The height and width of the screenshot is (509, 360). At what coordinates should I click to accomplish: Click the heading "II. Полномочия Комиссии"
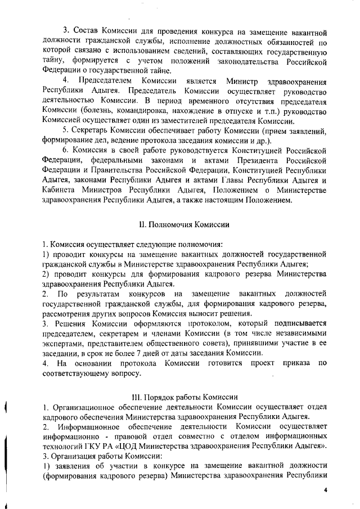pyautogui.click(x=183, y=224)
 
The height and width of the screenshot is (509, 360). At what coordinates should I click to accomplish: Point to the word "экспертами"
pyautogui.click(x=62, y=343)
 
